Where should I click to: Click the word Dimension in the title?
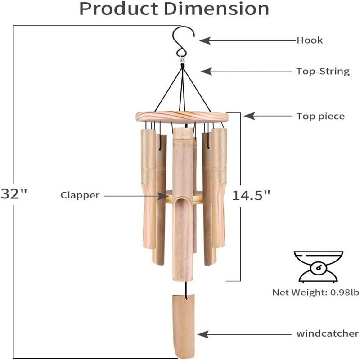(x=216, y=9)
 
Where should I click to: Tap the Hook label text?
(x=310, y=40)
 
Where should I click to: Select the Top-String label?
(x=323, y=72)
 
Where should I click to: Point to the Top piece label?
(x=320, y=117)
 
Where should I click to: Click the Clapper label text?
(x=80, y=195)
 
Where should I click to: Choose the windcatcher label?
(x=327, y=333)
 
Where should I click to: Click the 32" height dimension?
(x=14, y=194)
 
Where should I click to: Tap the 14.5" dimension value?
(x=251, y=196)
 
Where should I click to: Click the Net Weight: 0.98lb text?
(x=315, y=292)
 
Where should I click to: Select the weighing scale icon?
(x=319, y=266)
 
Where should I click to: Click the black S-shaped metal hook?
(x=183, y=42)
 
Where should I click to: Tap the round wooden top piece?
(x=182, y=117)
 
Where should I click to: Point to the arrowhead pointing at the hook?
(x=205, y=40)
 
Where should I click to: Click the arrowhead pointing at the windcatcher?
(x=203, y=334)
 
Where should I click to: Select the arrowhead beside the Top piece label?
(x=249, y=116)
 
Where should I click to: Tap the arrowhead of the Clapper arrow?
(x=163, y=196)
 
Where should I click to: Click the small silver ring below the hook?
(x=182, y=61)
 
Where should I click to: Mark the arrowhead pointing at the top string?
(x=206, y=71)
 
